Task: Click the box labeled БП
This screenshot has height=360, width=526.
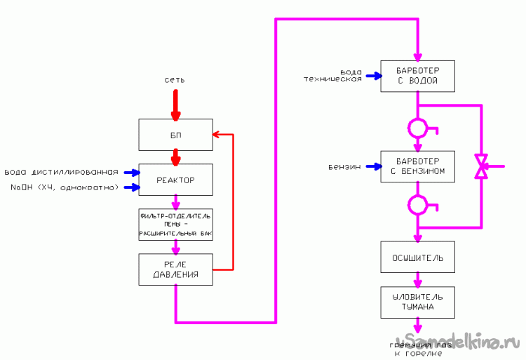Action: [x=175, y=134]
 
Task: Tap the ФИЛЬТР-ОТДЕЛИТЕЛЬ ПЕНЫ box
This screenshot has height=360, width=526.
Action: [x=175, y=225]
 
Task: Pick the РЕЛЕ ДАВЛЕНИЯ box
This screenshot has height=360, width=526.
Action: [x=175, y=269]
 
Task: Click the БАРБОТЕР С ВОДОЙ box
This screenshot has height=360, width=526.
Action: [x=418, y=75]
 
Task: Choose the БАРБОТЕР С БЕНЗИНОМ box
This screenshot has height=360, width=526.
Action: [x=418, y=166]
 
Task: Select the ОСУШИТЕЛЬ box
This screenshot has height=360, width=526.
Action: [x=418, y=258]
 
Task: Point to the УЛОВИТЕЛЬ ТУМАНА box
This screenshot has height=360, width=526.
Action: [x=418, y=302]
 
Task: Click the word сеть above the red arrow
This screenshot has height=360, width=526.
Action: [x=175, y=81]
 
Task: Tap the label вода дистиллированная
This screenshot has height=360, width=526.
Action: [x=61, y=173]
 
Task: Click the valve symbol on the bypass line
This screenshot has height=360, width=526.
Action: [x=481, y=167]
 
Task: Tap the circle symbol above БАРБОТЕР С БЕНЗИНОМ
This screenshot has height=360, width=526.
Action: [x=418, y=128]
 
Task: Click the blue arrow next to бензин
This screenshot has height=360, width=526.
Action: [x=372, y=167]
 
